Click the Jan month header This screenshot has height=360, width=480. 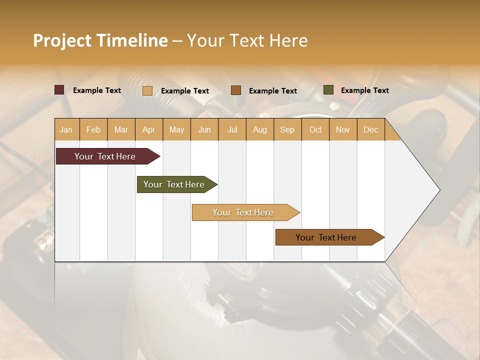click(x=66, y=129)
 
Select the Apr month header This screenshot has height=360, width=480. click(x=148, y=129)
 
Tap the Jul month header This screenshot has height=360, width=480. click(x=232, y=129)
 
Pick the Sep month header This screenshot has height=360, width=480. click(x=287, y=129)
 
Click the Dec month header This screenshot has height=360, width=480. click(x=370, y=129)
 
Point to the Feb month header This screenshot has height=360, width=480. click(x=93, y=129)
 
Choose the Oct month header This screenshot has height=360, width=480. click(x=315, y=129)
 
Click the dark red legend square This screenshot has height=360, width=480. click(x=59, y=90)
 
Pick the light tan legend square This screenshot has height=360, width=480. click(x=147, y=90)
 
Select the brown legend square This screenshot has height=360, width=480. click(x=236, y=90)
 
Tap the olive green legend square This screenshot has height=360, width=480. click(x=328, y=90)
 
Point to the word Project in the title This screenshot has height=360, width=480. click(x=62, y=40)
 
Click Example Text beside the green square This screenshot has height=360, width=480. click(x=364, y=90)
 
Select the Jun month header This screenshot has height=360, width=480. click(x=204, y=129)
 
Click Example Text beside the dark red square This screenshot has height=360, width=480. click(x=96, y=90)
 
